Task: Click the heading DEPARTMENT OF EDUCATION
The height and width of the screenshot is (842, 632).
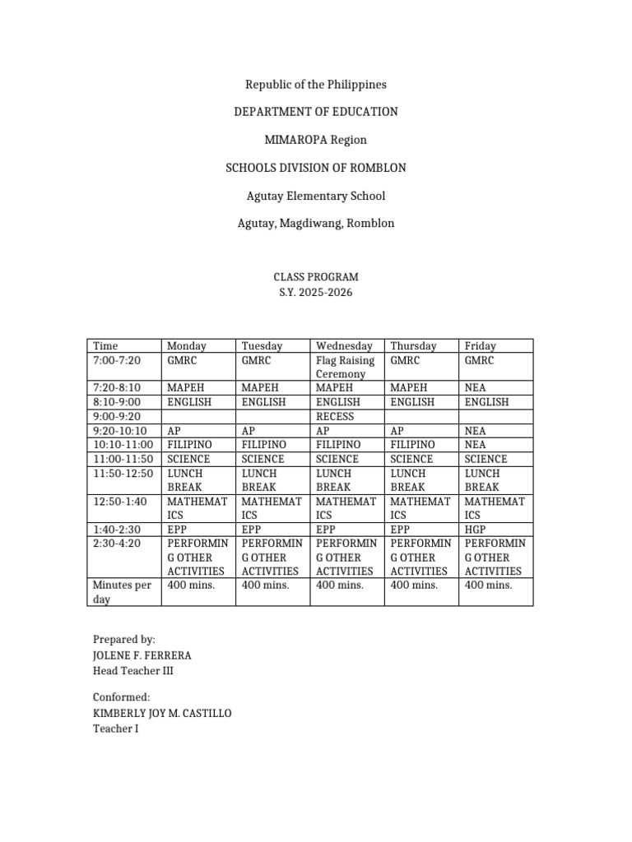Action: (x=316, y=112)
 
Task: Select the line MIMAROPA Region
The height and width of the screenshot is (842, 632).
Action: (x=316, y=140)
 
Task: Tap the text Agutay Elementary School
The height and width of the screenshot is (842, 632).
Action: (x=316, y=196)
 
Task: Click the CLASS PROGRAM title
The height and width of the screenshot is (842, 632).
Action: (x=316, y=278)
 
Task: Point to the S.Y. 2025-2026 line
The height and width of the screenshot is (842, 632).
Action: (x=316, y=293)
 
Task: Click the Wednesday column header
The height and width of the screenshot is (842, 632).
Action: (x=344, y=346)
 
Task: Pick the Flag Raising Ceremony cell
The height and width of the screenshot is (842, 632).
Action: (x=345, y=367)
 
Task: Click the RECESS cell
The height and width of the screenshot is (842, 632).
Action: (x=335, y=417)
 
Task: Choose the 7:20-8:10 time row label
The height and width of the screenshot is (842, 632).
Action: (x=117, y=388)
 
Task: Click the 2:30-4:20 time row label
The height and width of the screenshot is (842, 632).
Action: (x=117, y=544)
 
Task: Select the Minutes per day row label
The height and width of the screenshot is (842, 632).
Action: (x=122, y=592)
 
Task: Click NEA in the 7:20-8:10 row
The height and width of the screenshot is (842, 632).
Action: (x=476, y=388)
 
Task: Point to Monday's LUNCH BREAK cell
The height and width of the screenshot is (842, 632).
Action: (x=185, y=480)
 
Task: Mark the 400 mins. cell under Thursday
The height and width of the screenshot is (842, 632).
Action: (x=414, y=585)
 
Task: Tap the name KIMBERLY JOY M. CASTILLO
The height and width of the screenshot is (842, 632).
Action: (x=163, y=713)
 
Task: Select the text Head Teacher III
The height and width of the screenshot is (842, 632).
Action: (x=133, y=671)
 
